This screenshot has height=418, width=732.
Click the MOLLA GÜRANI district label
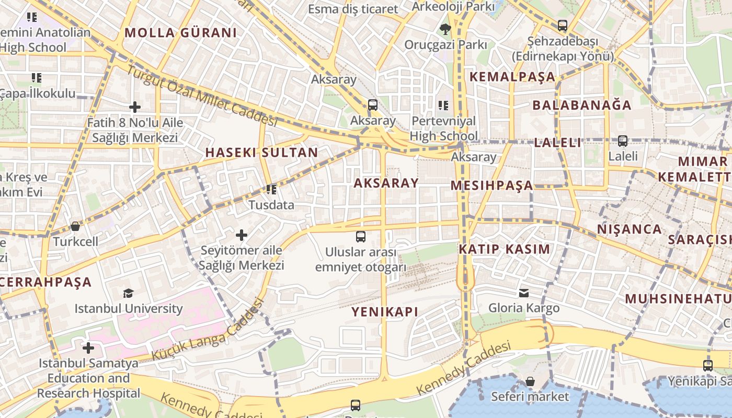click(x=180, y=33)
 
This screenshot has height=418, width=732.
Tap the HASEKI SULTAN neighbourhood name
click(x=261, y=153)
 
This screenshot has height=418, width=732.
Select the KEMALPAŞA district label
click(x=512, y=77)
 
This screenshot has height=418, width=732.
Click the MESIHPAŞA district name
click(x=491, y=185)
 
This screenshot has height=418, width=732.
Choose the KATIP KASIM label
click(x=505, y=249)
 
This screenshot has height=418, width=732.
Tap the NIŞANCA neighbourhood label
click(x=630, y=229)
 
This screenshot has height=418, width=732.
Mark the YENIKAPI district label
click(x=384, y=312)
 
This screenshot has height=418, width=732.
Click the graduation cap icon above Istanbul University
click(x=128, y=293)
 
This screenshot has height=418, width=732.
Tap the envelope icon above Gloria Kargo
click(x=524, y=293)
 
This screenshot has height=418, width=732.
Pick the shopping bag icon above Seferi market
click(x=530, y=381)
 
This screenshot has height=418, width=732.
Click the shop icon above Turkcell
click(x=75, y=227)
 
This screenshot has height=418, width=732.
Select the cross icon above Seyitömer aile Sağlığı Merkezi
click(x=241, y=235)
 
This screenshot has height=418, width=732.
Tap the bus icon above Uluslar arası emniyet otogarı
click(x=361, y=237)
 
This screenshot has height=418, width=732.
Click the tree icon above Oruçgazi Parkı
click(x=445, y=29)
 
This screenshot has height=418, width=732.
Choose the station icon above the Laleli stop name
click(x=623, y=141)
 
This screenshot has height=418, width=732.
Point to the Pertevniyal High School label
click(x=443, y=129)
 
